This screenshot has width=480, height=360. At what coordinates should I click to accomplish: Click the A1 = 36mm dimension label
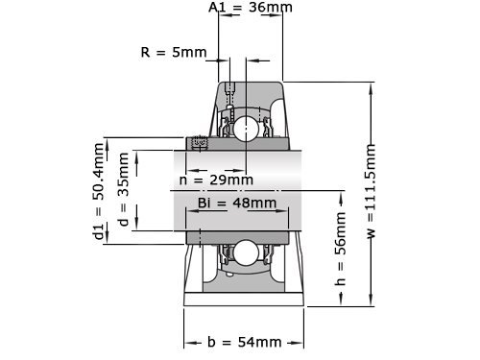click(251, 7)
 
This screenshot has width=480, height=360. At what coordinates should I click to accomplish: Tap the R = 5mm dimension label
click(174, 52)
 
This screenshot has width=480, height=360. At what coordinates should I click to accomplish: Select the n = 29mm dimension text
click(216, 180)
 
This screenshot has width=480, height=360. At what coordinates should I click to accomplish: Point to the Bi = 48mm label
click(237, 203)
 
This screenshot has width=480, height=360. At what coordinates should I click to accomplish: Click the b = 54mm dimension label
click(245, 342)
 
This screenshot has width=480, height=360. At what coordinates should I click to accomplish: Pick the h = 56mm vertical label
click(340, 248)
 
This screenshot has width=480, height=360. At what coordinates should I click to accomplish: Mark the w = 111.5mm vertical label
click(371, 191)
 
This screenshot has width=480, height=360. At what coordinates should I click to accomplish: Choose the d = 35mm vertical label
click(123, 189)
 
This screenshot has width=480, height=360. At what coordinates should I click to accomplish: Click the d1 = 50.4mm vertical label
click(99, 191)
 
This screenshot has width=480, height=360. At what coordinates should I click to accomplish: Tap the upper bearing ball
click(246, 129)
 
